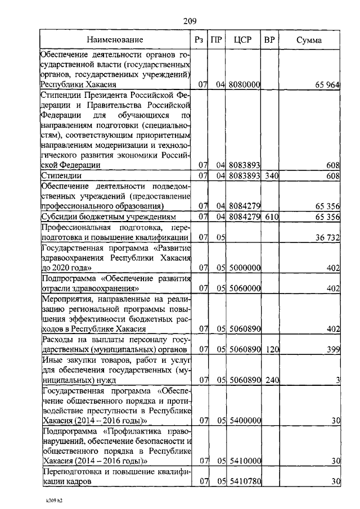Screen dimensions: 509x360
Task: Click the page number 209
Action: point(189,22)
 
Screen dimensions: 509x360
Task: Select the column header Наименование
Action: point(115,40)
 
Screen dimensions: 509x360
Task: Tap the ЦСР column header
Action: point(245,40)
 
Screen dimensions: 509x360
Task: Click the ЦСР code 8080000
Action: point(245,84)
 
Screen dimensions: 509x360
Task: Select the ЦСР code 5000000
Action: point(245,268)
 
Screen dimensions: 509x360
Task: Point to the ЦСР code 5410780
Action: point(245,482)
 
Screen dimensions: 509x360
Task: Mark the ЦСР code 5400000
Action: point(245,421)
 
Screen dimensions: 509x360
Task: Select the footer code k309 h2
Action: point(53,499)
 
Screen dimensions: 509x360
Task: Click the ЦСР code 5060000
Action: point(245,289)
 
